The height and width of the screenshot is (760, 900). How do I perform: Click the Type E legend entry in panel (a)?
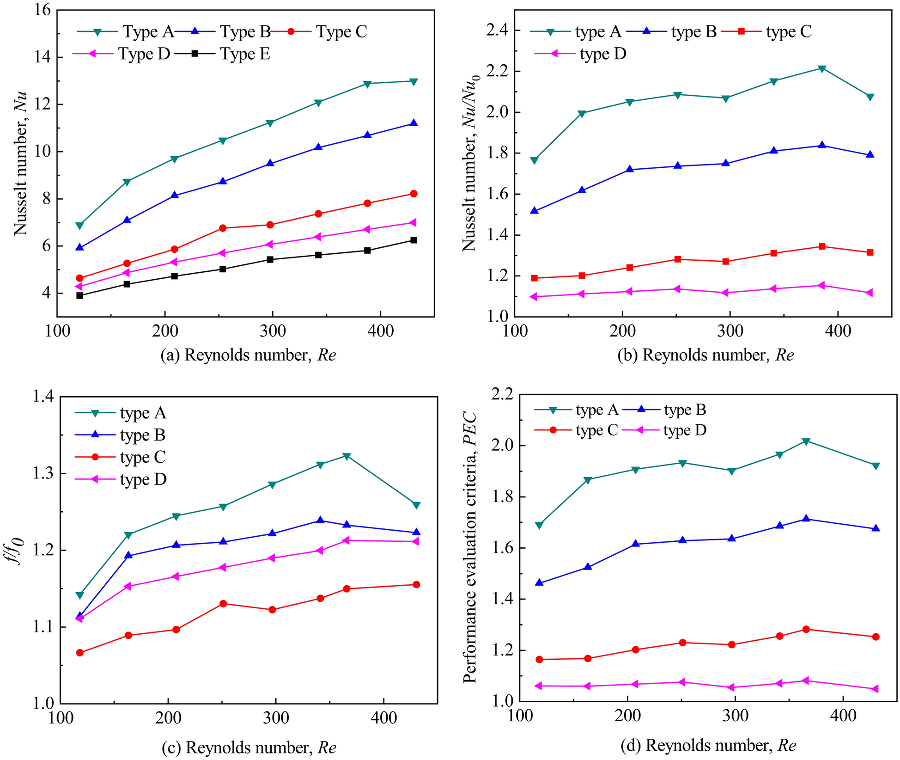click(x=245, y=54)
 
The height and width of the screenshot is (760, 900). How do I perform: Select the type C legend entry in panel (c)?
click(x=142, y=457)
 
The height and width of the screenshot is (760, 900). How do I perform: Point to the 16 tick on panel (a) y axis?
click(x=42, y=10)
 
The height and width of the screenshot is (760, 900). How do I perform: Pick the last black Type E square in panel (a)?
click(x=414, y=240)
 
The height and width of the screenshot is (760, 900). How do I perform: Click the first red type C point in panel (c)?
click(x=79, y=653)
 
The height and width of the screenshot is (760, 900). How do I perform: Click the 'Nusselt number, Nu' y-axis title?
click(x=21, y=164)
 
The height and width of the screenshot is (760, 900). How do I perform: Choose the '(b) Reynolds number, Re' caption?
click(x=705, y=355)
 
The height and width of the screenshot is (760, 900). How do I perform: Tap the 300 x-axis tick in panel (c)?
click(x=276, y=718)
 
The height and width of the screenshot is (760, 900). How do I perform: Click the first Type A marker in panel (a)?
click(x=79, y=226)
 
